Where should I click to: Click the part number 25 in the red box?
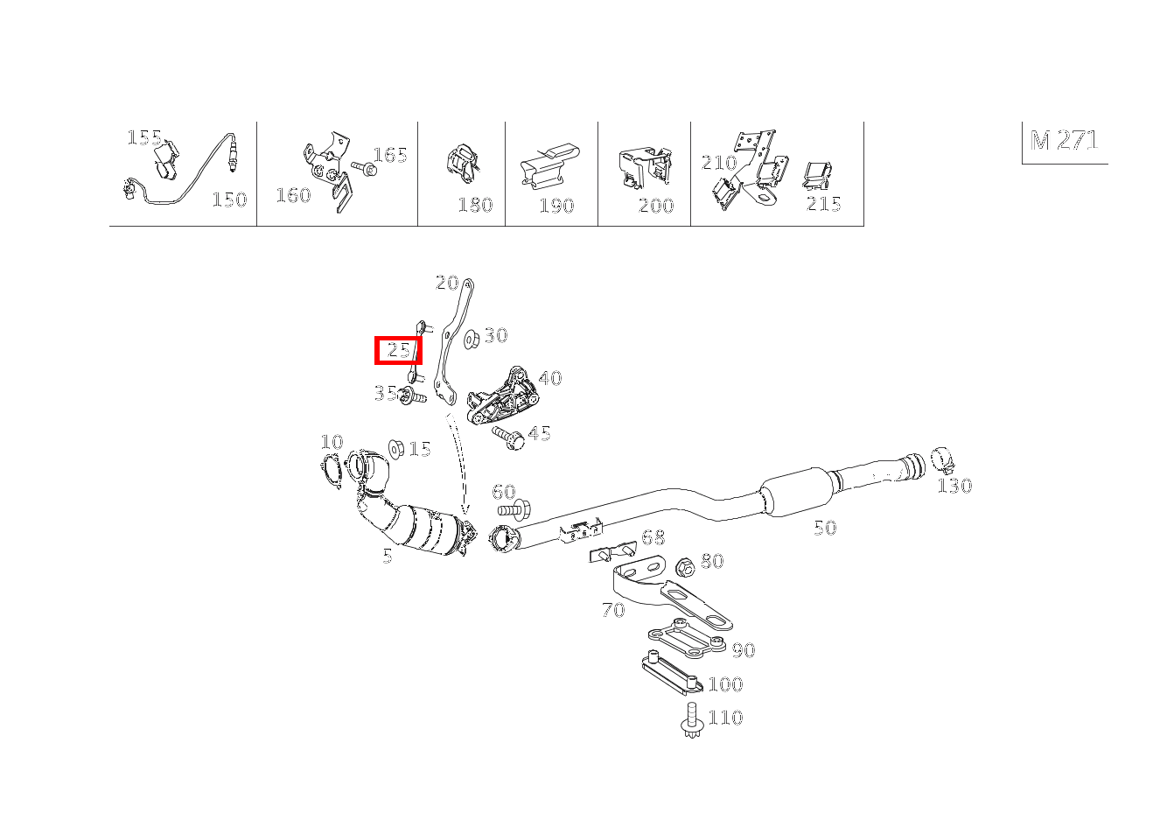tap(398, 351)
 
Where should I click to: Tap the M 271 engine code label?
tap(1064, 140)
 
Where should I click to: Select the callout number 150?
tap(229, 200)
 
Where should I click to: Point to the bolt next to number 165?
tap(364, 167)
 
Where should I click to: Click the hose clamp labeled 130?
tap(942, 461)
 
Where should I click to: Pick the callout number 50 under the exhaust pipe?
tap(825, 528)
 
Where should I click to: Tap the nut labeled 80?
tap(686, 568)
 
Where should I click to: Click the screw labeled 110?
tap(692, 719)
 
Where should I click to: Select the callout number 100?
tap(725, 684)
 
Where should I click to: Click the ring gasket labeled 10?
tap(331, 470)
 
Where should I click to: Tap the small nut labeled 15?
tap(396, 449)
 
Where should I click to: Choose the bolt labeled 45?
tap(508, 438)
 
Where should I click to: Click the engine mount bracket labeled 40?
tap(500, 396)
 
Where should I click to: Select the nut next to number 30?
tap(472, 339)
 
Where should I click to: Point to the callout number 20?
tap(447, 283)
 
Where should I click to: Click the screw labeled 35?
tap(412, 396)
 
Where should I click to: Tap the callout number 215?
tap(823, 204)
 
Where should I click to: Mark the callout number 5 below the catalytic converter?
tap(388, 557)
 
